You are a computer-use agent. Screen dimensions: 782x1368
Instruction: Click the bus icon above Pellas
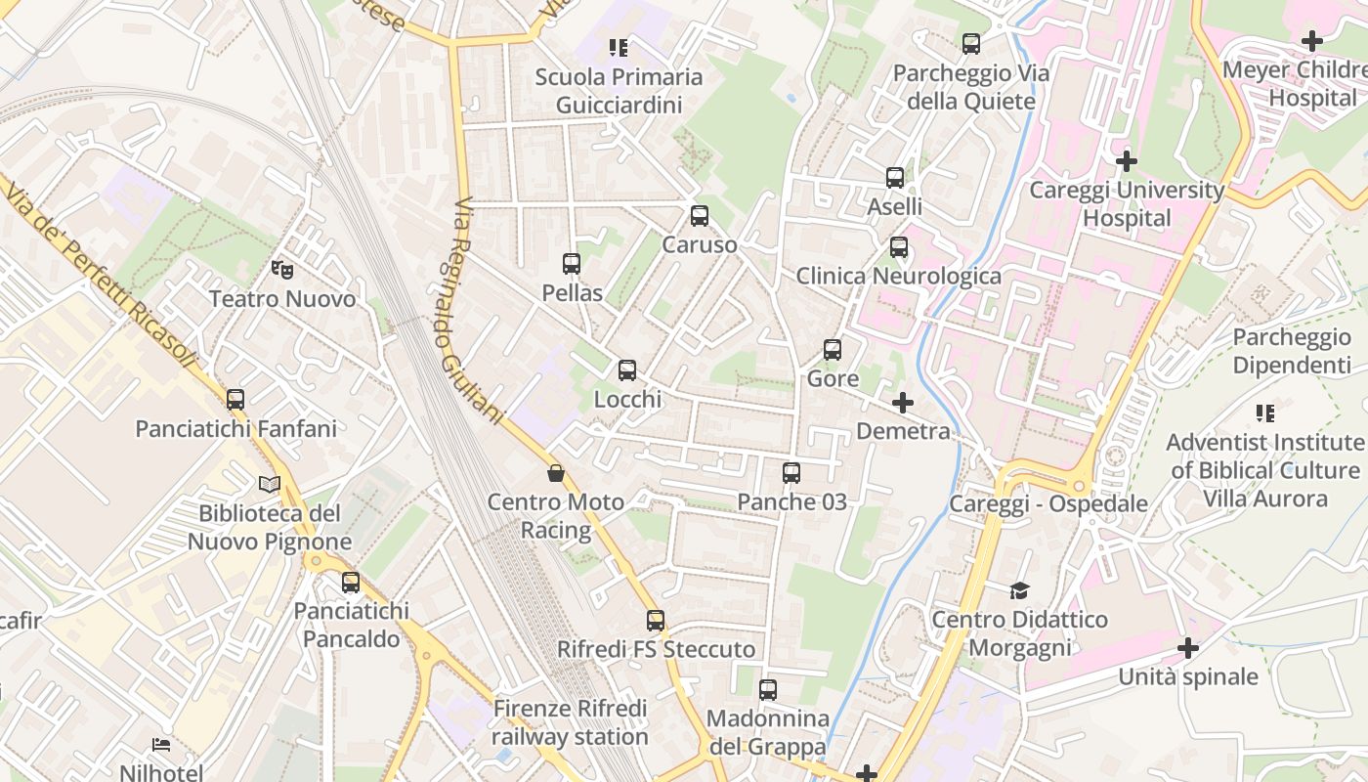[572, 264]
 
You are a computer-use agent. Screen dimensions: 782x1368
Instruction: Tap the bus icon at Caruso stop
[700, 216]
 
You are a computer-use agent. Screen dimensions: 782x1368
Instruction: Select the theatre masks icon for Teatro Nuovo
[282, 269]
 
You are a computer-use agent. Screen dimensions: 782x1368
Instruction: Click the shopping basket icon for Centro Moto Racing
[556, 474]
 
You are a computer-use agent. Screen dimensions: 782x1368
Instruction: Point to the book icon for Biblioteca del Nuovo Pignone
[270, 484]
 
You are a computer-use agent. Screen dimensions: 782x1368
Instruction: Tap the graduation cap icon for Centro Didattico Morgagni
[1019, 590]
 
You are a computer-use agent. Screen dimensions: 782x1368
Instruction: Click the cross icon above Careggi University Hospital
[1127, 160]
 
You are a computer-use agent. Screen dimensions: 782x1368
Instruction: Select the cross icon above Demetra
[903, 402]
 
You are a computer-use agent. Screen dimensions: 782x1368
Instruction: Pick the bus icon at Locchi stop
[627, 370]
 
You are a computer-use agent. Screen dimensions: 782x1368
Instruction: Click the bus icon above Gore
[833, 349]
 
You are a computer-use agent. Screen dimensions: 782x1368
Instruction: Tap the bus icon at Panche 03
[791, 473]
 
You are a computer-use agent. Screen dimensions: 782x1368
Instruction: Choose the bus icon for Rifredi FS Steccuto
[656, 621]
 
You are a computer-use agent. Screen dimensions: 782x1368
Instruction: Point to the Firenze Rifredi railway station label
[570, 722]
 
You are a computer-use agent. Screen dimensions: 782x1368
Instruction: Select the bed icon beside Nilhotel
[161, 745]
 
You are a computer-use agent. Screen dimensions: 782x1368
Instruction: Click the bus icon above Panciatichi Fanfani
[235, 399]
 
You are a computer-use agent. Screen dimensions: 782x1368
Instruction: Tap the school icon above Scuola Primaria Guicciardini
[619, 47]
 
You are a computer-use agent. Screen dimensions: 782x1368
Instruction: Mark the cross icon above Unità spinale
[1188, 647]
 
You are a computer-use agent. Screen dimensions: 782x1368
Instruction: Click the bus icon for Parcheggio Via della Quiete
[971, 44]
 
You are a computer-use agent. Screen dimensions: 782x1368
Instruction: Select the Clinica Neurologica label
[898, 276]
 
